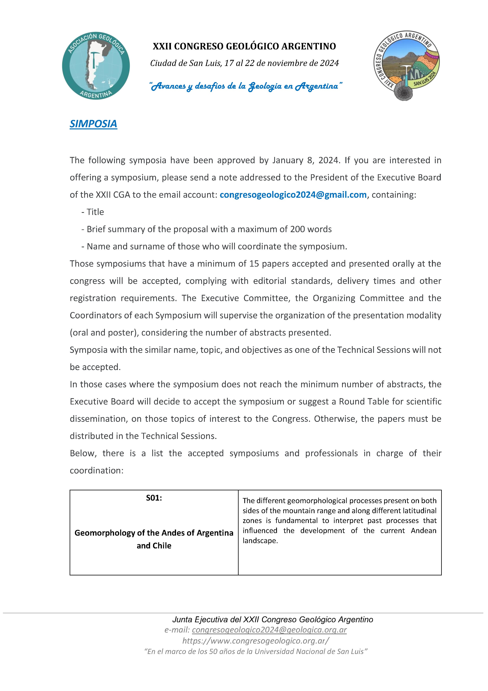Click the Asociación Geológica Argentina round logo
point(96,66)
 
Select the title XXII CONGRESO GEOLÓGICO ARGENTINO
point(244,46)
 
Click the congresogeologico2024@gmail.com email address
point(293,195)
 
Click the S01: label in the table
point(154,498)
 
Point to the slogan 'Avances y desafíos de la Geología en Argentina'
point(246,86)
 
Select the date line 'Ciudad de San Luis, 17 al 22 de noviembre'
point(244,63)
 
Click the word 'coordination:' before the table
point(97,470)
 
